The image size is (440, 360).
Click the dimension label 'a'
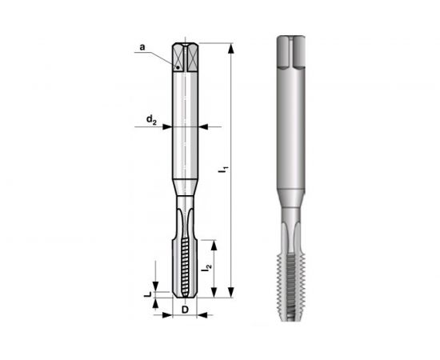pyautogui.click(x=142, y=48)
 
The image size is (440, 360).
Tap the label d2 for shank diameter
pyautogui.click(x=150, y=120)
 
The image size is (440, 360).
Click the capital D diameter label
pyautogui.click(x=184, y=310)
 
